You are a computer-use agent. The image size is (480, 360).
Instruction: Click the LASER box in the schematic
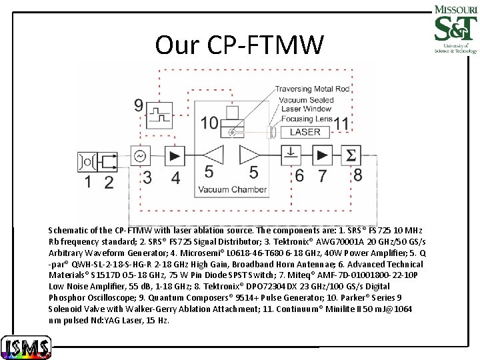click(305, 132)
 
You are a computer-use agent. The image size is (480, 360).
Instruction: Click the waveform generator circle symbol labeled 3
click(141, 156)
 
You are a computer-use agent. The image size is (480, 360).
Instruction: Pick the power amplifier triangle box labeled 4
click(175, 156)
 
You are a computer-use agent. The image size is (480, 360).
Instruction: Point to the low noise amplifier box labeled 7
click(323, 155)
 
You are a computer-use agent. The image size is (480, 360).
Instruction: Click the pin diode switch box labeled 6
click(294, 155)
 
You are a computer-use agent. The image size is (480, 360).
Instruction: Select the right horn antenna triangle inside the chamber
click(251, 155)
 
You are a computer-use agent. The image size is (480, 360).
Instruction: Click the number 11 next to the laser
click(342, 123)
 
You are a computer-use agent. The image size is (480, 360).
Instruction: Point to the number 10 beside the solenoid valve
click(209, 123)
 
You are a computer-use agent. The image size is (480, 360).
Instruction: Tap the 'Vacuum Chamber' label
click(231, 190)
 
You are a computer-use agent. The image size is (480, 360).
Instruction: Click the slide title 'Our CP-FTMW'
click(239, 45)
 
